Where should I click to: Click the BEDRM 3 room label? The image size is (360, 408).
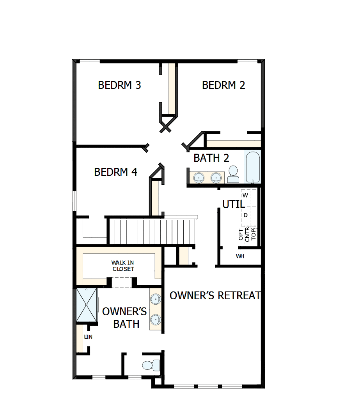pos(119,85)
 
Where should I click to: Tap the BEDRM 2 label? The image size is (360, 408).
pos(223,85)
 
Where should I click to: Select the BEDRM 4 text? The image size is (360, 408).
pos(115,172)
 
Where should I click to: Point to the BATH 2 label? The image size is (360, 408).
pos(211,158)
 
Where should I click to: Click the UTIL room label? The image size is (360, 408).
pos(233,204)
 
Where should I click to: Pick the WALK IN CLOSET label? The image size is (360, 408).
pos(123,266)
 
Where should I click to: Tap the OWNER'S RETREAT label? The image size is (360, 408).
pos(215,295)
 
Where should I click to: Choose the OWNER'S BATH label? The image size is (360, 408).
pos(125,318)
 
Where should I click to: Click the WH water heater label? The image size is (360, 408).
pos(240,256)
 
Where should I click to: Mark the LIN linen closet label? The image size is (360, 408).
pos(89,337)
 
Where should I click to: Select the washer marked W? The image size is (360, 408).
pos(245,195)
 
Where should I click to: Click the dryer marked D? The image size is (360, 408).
pos(245,215)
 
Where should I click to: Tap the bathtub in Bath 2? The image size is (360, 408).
pos(252,167)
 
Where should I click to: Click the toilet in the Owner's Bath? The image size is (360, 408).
pos(151,365)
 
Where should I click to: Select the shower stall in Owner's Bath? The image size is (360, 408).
pos(86,305)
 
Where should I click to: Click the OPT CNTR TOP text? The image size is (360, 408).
pos(247,235)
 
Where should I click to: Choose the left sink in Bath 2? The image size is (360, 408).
pos(199,178)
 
